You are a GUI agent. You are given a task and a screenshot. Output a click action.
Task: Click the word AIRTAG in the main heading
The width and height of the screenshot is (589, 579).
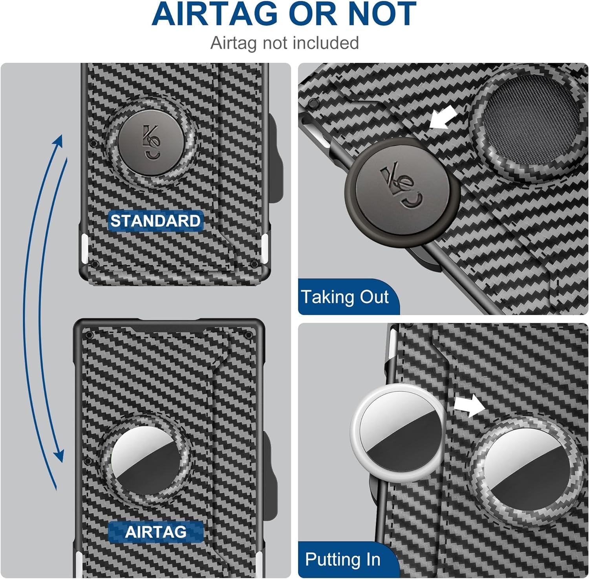point(214,14)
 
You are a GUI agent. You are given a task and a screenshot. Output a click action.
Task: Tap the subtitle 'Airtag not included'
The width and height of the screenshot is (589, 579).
point(285,43)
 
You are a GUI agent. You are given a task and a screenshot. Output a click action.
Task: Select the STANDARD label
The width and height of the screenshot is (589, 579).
point(155,221)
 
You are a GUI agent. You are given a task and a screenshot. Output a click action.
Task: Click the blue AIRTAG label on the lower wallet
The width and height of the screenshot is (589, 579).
point(155,532)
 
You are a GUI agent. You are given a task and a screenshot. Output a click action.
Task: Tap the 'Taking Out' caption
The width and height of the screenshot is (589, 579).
point(345,297)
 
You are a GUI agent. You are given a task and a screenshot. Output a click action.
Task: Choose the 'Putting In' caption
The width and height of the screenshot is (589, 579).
point(343,559)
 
